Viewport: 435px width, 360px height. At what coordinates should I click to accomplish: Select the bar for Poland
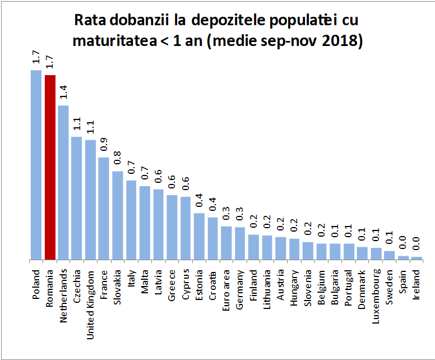(36, 165)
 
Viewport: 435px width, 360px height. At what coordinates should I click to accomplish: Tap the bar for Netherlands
(63, 183)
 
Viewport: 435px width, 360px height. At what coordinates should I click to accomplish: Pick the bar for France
(104, 209)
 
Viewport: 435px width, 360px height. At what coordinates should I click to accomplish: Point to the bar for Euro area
(226, 243)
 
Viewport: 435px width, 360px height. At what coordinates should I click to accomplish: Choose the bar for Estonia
(199, 237)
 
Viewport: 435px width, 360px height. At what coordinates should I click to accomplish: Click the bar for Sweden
(389, 256)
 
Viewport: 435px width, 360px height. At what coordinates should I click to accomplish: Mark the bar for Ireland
(417, 259)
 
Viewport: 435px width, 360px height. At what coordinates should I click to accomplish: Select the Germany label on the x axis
(240, 286)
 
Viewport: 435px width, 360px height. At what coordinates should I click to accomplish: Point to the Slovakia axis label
(118, 286)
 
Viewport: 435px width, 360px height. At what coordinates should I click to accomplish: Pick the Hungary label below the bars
(295, 287)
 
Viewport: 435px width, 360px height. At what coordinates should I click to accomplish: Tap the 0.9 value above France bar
(104, 144)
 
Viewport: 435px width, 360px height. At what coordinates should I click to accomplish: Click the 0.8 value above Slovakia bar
(118, 158)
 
